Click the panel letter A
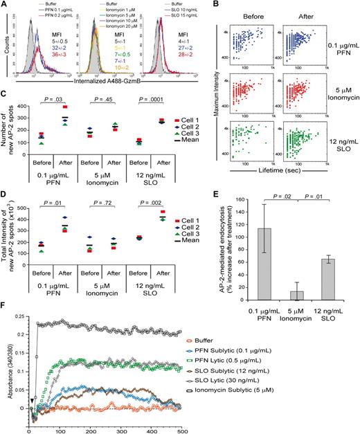coord(5,5)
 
